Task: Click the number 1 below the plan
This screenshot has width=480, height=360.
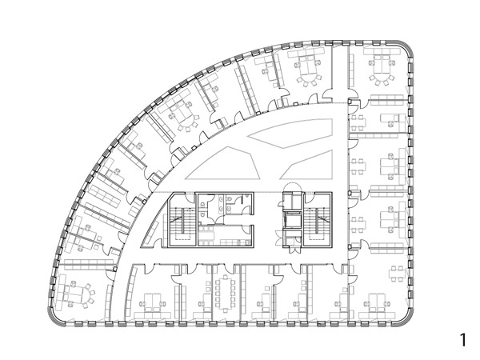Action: (463, 340)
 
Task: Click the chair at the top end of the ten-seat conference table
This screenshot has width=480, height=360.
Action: (226, 277)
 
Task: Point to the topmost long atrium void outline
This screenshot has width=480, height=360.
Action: (290, 134)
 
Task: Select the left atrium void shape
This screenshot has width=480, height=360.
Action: (223, 163)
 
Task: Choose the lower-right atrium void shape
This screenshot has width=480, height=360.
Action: (306, 165)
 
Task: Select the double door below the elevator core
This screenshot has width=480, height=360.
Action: (294, 250)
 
